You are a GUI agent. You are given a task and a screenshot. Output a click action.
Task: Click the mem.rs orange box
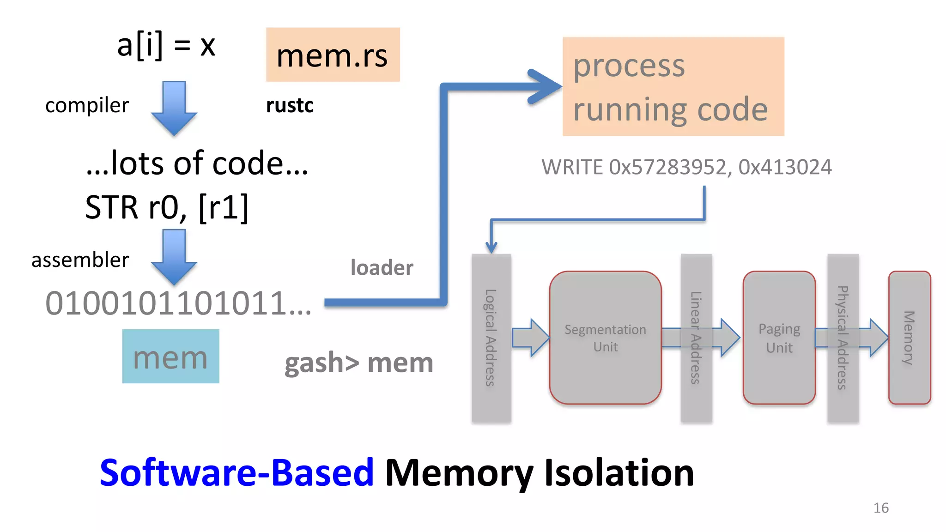click(x=333, y=54)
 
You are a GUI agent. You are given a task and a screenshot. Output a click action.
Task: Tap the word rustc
click(x=290, y=106)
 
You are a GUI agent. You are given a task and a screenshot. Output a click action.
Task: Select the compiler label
click(x=87, y=106)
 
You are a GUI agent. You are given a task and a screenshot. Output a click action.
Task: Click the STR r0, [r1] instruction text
click(x=167, y=207)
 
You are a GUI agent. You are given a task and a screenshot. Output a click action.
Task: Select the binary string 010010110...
click(x=178, y=304)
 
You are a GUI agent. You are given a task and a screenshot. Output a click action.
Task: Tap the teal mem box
click(x=170, y=357)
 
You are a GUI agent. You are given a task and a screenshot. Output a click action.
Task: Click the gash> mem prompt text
click(x=358, y=363)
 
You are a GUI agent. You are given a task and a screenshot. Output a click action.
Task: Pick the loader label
click(x=382, y=268)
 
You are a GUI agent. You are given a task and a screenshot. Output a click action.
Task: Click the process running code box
click(x=673, y=87)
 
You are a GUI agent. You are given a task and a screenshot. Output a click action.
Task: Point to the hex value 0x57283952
click(x=667, y=167)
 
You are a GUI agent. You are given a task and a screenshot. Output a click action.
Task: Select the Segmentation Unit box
click(x=605, y=338)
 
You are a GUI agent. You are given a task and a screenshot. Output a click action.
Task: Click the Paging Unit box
click(x=779, y=338)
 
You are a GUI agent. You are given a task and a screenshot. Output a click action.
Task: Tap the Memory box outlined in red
click(x=909, y=338)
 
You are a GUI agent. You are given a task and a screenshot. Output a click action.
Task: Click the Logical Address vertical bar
click(x=491, y=338)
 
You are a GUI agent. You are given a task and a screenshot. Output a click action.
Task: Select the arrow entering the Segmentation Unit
click(x=530, y=338)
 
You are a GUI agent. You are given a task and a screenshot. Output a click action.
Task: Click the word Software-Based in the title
click(x=236, y=473)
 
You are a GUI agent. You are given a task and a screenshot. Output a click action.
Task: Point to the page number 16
click(x=880, y=508)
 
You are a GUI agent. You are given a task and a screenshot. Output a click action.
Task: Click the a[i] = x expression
click(x=166, y=46)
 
